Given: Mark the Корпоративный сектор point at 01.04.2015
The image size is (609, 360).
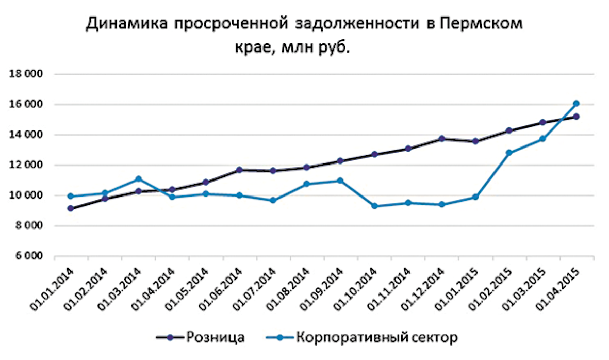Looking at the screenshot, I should click(x=576, y=104).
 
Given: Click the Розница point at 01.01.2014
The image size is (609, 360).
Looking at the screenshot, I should click(x=71, y=208).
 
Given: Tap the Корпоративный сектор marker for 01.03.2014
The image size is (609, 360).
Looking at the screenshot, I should click(x=138, y=179).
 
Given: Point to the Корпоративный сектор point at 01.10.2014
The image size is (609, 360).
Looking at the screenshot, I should click(x=374, y=206).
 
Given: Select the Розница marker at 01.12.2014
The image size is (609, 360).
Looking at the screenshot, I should click(x=441, y=139).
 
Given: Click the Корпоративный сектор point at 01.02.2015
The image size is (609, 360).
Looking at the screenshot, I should click(x=509, y=153).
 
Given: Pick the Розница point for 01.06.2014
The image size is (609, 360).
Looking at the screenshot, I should click(x=239, y=170).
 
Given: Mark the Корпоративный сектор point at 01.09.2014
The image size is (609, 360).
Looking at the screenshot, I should click(x=340, y=181).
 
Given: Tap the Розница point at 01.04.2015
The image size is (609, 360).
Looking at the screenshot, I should click(x=576, y=117).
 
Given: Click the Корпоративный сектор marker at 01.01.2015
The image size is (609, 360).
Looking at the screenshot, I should click(x=475, y=197).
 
